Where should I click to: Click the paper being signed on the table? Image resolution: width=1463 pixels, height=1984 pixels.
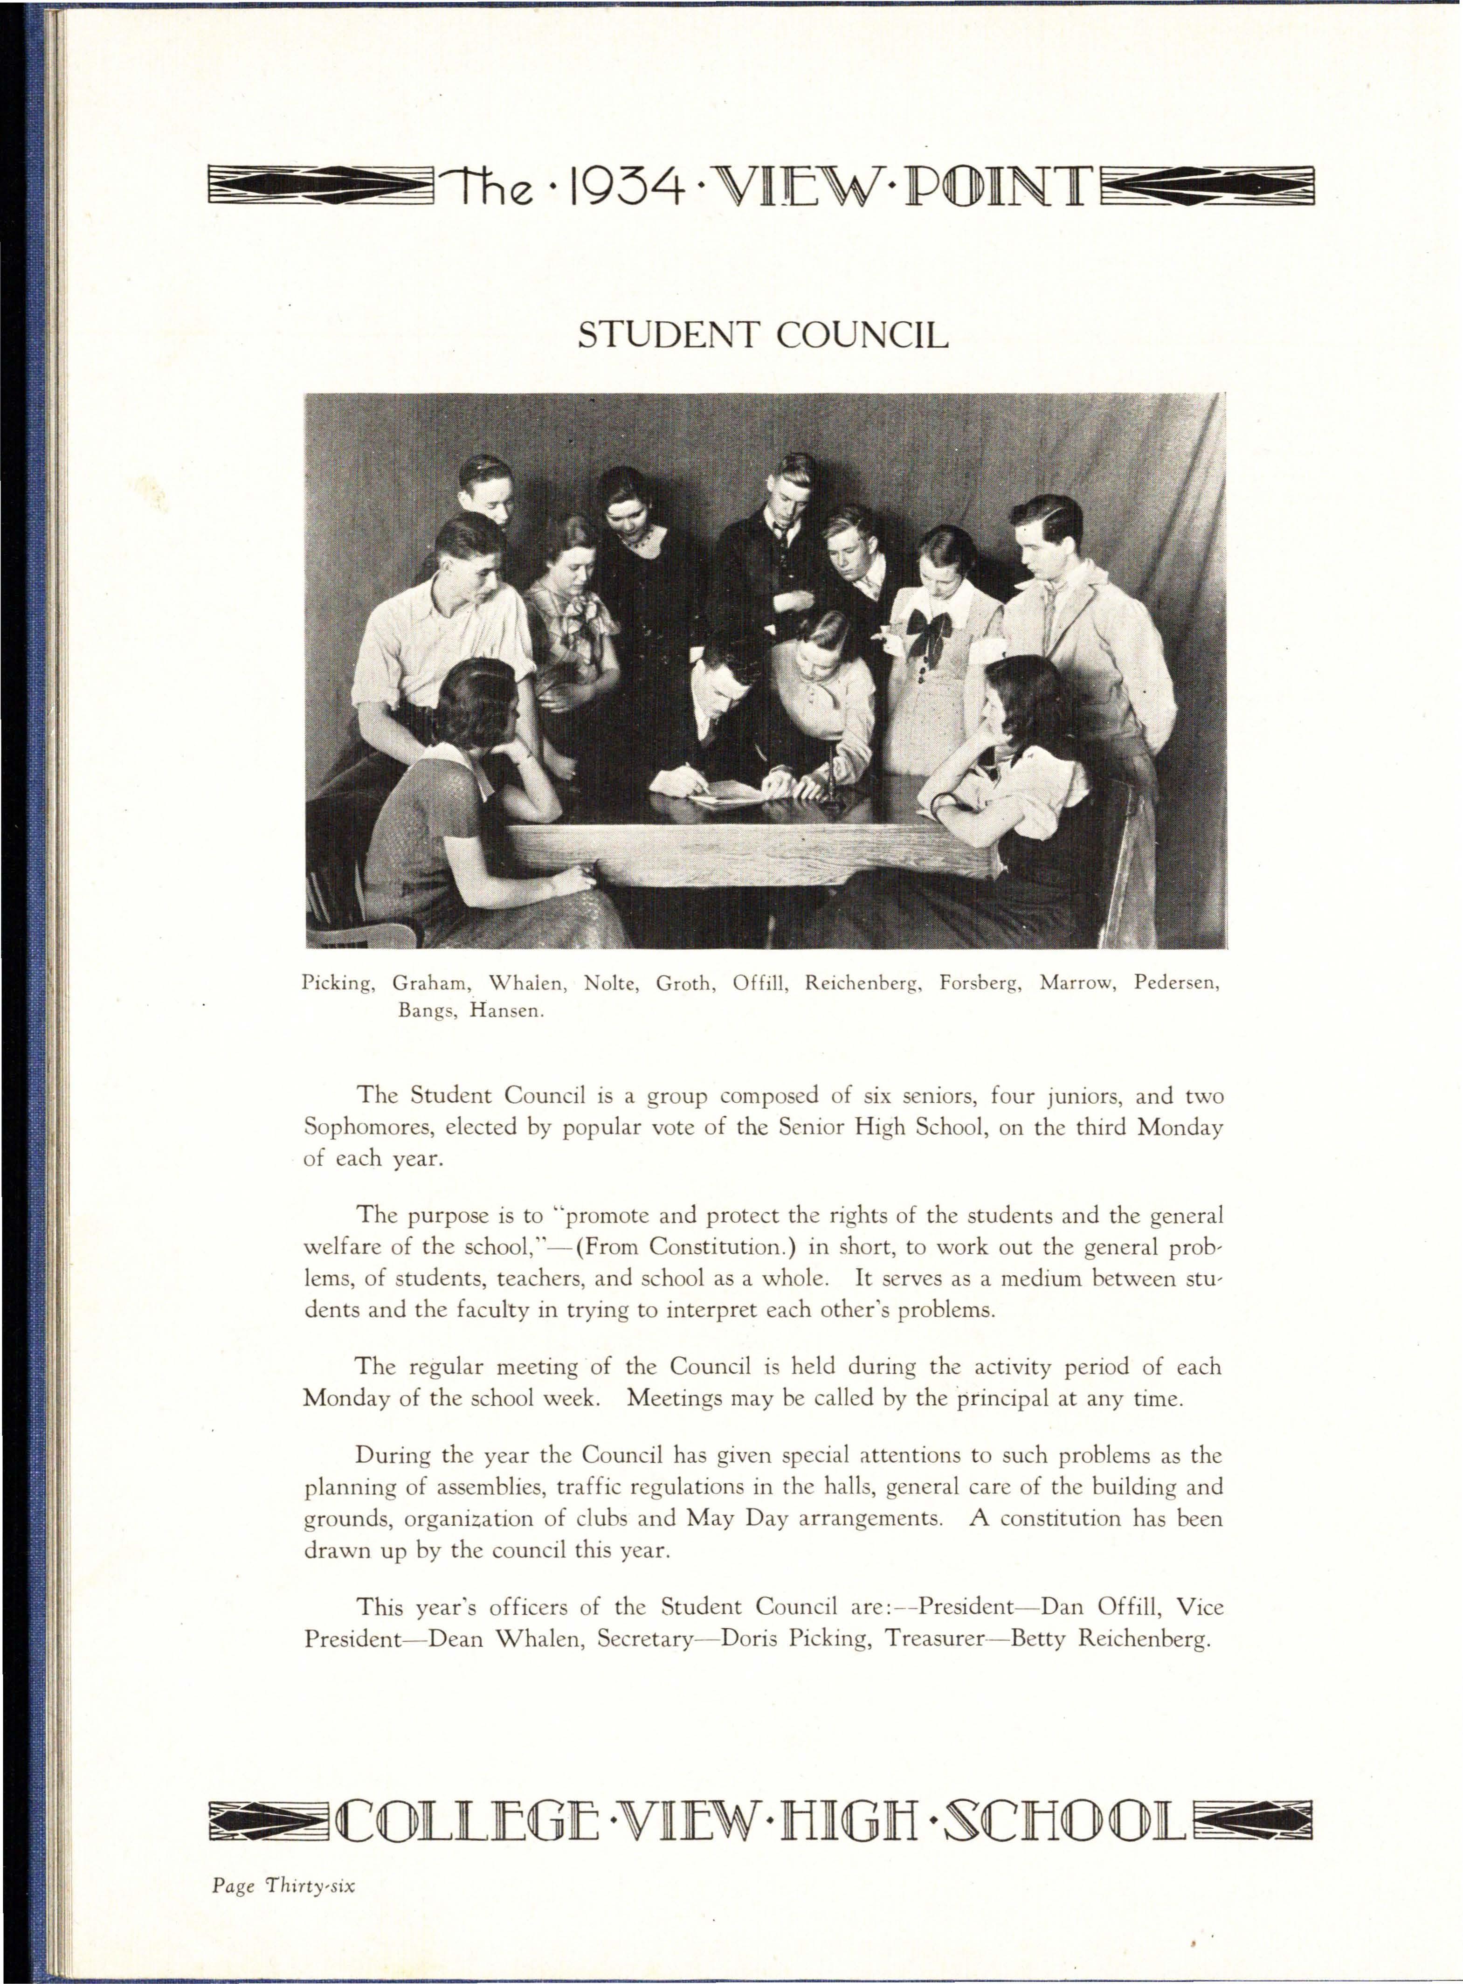point(728,794)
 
